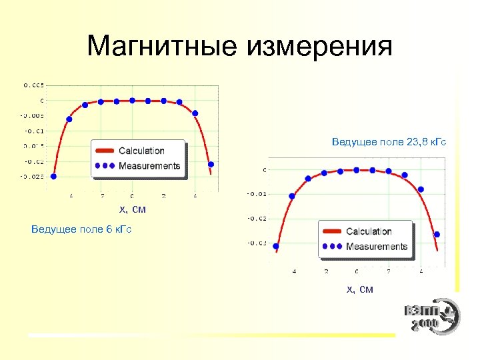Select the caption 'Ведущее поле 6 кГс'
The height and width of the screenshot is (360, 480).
point(81,229)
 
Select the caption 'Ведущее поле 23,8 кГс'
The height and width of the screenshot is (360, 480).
point(389,142)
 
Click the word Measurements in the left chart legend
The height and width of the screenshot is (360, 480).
point(149,165)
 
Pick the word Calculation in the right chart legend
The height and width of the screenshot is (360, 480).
point(368,231)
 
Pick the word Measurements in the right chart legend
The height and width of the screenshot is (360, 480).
point(376,246)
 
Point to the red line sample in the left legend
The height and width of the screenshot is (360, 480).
point(105,151)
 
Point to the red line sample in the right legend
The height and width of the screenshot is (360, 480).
point(333,231)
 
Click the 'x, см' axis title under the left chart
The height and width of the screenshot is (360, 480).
point(132,210)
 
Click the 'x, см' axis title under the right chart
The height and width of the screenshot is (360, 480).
point(359,289)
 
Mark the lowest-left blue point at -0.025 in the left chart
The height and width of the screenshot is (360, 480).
point(53,177)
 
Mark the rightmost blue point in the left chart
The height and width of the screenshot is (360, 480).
point(211,164)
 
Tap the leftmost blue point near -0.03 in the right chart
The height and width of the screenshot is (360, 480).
point(276,246)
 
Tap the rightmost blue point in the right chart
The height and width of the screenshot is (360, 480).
point(437,234)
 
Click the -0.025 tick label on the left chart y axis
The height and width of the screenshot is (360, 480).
point(32,177)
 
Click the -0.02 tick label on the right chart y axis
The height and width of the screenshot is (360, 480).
point(257,219)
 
